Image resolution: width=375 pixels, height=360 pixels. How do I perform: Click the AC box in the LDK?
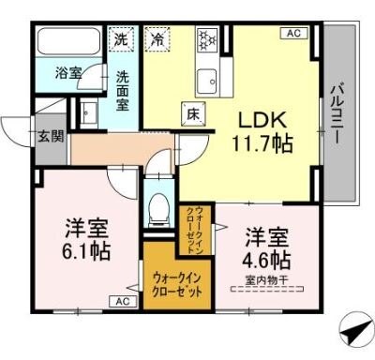(x=292, y=34)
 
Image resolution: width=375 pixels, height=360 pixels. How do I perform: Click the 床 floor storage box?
(x=191, y=113)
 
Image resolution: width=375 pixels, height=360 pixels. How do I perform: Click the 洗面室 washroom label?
(x=122, y=90)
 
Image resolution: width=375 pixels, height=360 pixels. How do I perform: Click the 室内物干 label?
(x=268, y=278)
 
